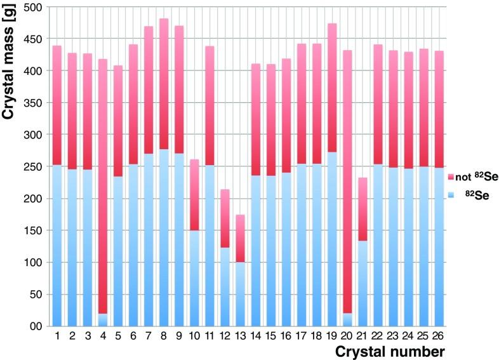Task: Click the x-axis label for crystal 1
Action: point(57,335)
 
